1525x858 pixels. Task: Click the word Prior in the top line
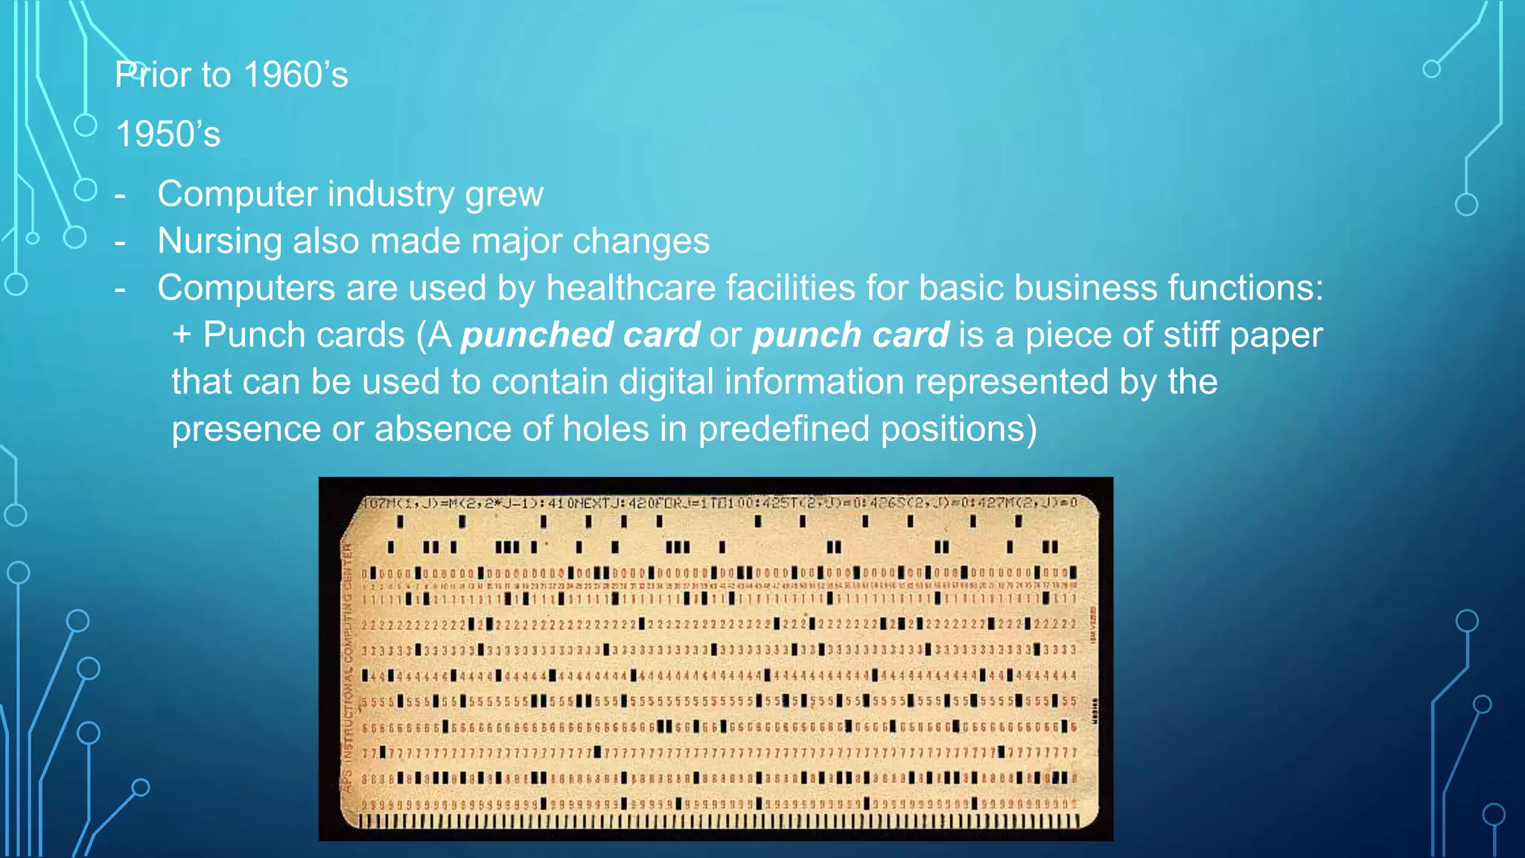click(153, 75)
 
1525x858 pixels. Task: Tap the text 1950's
click(168, 135)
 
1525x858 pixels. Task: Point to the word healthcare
click(631, 288)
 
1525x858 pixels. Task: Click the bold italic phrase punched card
click(580, 335)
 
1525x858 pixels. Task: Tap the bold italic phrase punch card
click(850, 335)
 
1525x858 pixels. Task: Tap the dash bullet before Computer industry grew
click(120, 196)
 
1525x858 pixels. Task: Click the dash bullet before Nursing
click(120, 243)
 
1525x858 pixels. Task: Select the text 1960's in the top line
click(296, 75)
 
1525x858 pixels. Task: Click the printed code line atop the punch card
click(719, 503)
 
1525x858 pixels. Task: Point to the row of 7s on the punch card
click(719, 753)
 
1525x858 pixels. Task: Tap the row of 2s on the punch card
click(719, 624)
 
